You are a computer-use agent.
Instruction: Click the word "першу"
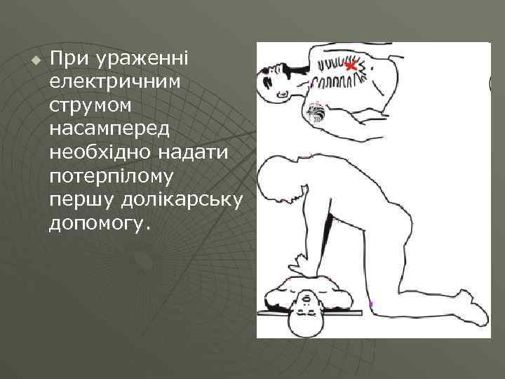pos(79,199)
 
